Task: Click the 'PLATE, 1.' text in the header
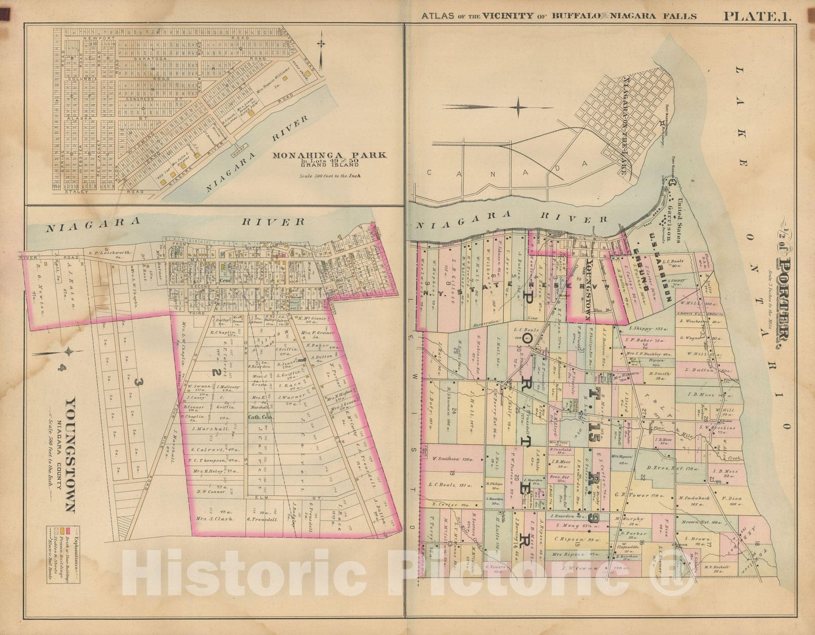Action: click(757, 16)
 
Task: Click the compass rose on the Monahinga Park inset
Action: click(321, 45)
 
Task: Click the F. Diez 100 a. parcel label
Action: click(728, 491)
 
